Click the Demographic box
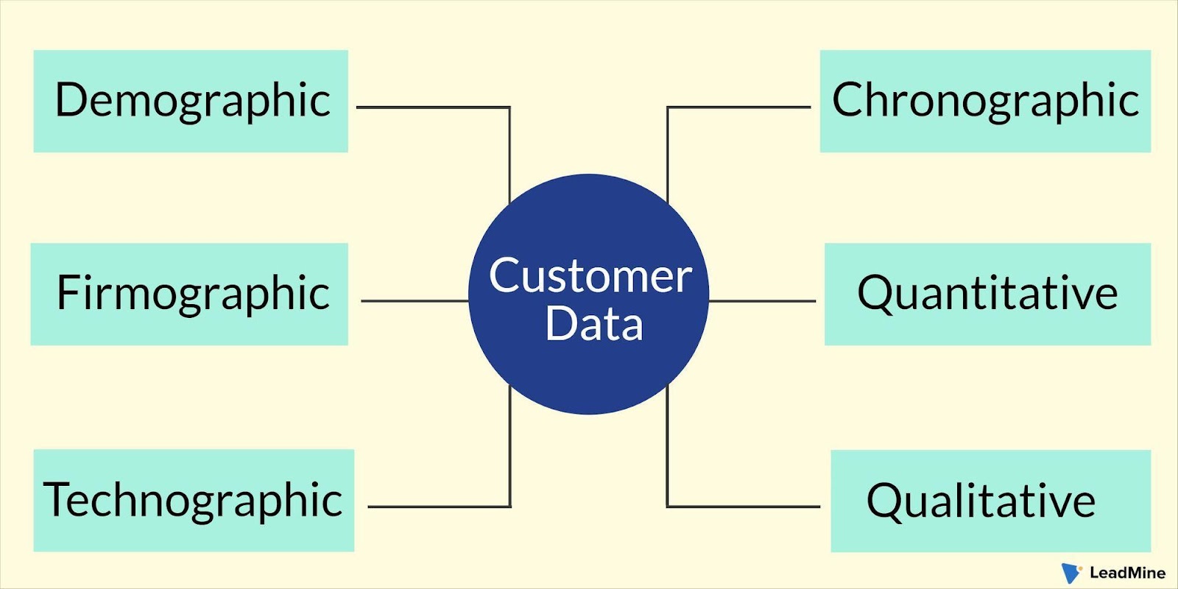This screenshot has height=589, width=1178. pyautogui.click(x=191, y=101)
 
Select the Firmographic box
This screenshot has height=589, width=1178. pyautogui.click(x=189, y=294)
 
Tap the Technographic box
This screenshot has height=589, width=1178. pyautogui.click(x=194, y=500)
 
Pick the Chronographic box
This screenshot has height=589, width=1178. pyautogui.click(x=986, y=101)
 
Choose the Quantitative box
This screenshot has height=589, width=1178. pyautogui.click(x=987, y=294)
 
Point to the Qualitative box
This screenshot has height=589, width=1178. pyautogui.click(x=991, y=501)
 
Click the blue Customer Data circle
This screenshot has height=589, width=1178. pyautogui.click(x=588, y=294)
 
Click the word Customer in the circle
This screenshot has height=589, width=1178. pyautogui.click(x=590, y=276)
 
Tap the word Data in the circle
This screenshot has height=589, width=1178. pyautogui.click(x=594, y=325)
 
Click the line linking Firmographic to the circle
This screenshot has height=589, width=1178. pyautogui.click(x=415, y=301)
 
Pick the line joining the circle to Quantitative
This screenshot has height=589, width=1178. pyautogui.click(x=763, y=301)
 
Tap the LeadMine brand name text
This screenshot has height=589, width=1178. pyautogui.click(x=1127, y=573)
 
